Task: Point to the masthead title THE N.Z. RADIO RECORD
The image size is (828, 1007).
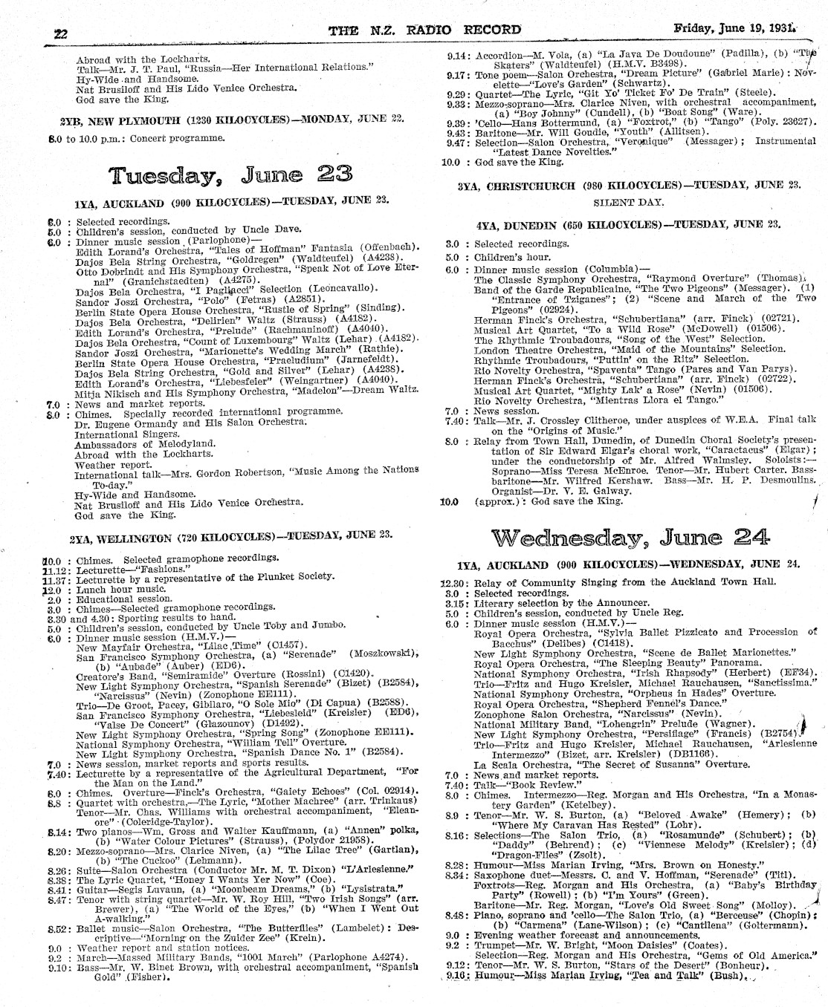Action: pos(424,30)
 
